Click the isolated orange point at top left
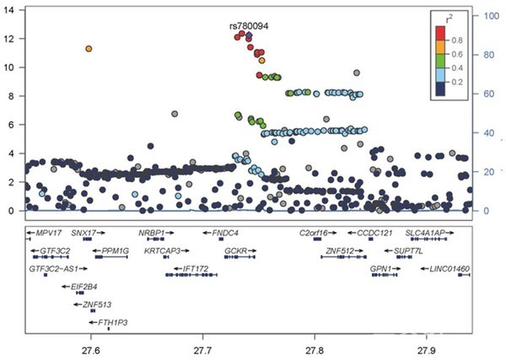pyautogui.click(x=89, y=49)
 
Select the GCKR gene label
pyautogui.click(x=234, y=250)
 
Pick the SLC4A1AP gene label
pyautogui.click(x=428, y=232)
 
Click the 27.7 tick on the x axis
pyautogui.click(x=203, y=348)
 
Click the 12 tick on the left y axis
pyautogui.click(x=11, y=39)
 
